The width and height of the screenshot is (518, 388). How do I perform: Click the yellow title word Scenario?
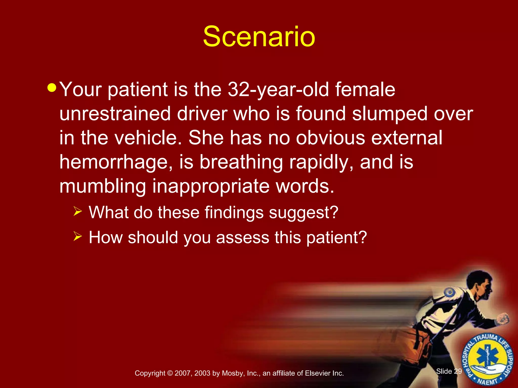259,37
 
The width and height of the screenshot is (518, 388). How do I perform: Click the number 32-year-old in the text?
278,90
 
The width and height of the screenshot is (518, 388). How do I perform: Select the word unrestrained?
115,114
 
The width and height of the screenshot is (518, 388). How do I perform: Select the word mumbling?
103,186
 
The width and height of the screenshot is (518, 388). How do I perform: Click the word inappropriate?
211,186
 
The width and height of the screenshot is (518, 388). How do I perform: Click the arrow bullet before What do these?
78,211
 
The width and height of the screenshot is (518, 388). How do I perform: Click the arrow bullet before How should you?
78,236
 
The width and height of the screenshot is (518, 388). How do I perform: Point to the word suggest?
304,213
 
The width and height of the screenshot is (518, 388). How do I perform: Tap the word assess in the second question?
243,237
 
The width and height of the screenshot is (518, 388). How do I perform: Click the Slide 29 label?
449,371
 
